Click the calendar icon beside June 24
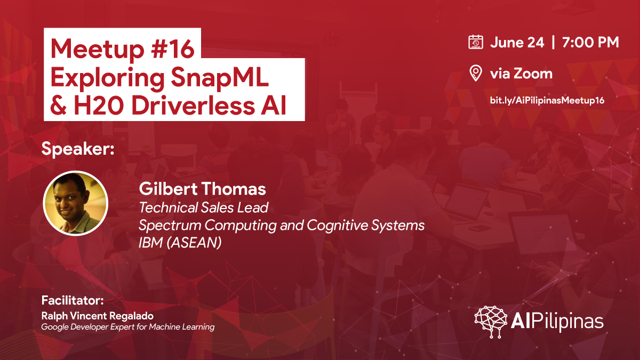coord(476,42)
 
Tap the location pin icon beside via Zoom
coord(476,73)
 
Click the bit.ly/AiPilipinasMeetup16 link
coord(547,100)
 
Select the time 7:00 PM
coord(590,42)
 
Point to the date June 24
coord(517,42)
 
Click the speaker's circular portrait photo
coord(76,203)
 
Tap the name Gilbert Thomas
coord(202,189)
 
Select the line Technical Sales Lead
coord(203,207)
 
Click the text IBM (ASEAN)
coord(180,243)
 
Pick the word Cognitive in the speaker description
coord(337,225)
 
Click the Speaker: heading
coord(78,149)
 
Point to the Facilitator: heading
coord(73,300)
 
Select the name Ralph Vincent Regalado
coord(98,316)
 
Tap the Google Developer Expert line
coord(127,327)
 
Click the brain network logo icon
coord(491,322)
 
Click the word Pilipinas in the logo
coord(567,322)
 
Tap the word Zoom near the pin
coord(533,74)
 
